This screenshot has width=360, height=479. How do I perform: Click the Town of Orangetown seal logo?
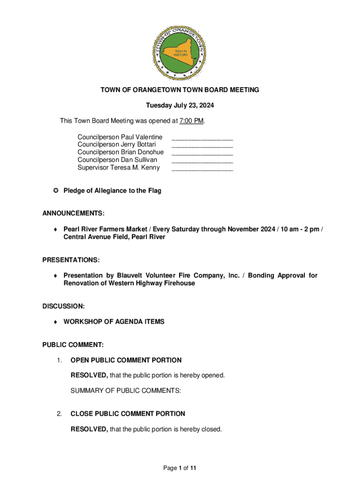[x=180, y=52]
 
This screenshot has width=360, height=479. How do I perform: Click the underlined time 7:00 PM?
[x=192, y=121]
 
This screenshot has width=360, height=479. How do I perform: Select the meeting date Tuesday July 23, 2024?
[x=180, y=105]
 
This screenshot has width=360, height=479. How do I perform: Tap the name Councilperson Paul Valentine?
[x=120, y=137]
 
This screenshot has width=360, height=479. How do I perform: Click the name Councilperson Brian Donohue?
[x=121, y=152]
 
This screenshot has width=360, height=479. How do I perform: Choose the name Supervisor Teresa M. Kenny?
[x=118, y=167]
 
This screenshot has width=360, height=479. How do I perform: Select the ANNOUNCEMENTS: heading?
[x=73, y=213]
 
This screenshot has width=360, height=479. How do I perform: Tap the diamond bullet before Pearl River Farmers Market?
[x=55, y=229]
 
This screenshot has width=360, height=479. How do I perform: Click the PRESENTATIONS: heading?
[x=71, y=260]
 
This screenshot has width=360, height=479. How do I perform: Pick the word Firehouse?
[x=178, y=283]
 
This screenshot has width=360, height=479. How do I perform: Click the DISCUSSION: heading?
[x=64, y=306]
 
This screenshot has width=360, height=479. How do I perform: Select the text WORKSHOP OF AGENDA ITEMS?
[x=114, y=322]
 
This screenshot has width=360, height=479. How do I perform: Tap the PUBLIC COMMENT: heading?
[x=73, y=345]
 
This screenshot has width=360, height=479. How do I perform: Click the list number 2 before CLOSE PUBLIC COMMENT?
[x=59, y=414]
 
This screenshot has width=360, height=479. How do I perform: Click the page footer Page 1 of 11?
[x=180, y=468]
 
